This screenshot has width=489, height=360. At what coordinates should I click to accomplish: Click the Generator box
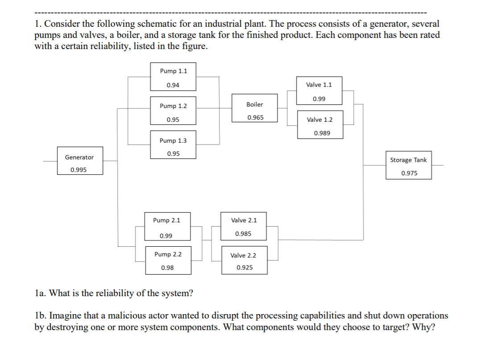coord(80,161)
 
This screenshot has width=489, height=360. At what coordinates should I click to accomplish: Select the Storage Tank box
coord(409,166)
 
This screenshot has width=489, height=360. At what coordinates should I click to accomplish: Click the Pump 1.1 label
coord(173,71)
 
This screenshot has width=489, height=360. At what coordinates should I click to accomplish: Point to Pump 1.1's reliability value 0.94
coord(173,85)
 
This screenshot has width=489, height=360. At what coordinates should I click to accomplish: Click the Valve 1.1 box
coord(319,91)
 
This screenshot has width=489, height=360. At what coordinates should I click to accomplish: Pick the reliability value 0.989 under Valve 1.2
coord(322,133)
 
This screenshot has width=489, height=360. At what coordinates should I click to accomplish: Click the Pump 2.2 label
coord(168,254)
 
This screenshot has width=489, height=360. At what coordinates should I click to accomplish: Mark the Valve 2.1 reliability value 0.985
coord(243,234)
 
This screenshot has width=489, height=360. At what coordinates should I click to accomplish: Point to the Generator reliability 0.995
coord(79,170)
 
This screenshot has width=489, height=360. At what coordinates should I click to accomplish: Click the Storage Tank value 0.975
coord(409,173)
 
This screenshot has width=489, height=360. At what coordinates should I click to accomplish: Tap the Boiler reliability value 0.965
coord(255,117)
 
